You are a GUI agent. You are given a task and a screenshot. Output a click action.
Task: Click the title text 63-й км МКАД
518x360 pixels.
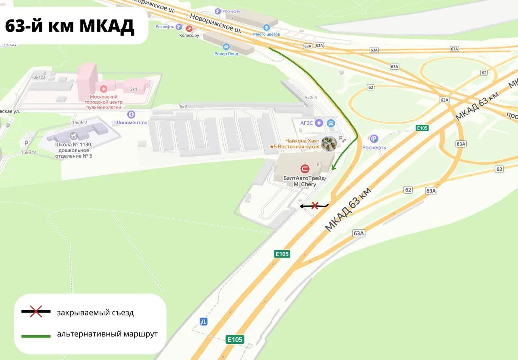[69, 26]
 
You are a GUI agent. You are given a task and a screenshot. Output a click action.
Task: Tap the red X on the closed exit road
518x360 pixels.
[314, 206]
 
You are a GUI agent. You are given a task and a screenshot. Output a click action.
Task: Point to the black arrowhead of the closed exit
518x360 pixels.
[301, 206]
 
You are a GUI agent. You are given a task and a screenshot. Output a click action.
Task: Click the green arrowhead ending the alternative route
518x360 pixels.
[333, 167]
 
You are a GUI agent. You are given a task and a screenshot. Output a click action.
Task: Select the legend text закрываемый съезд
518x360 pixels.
[95, 313]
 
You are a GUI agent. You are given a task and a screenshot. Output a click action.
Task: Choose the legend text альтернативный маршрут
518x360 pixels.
[107, 334]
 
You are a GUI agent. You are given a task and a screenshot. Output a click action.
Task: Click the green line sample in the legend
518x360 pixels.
[36, 336]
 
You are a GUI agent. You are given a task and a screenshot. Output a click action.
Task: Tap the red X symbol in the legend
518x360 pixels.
[36, 311]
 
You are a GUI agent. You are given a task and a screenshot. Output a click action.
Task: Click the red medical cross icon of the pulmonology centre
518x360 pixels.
[104, 89]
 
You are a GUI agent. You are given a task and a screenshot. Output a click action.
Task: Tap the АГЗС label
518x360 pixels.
[306, 123]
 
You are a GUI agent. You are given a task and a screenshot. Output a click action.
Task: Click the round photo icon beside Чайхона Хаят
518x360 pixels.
[329, 144]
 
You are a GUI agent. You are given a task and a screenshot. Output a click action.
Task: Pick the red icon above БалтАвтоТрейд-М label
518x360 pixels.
[304, 168]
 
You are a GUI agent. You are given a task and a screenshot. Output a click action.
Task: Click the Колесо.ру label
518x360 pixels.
[189, 36]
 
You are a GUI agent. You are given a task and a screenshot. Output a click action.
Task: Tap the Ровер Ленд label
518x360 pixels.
[226, 54]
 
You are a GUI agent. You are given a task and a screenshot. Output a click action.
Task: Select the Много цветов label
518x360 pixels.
[266, 34]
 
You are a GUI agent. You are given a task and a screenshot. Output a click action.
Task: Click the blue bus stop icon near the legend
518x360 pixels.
[204, 322]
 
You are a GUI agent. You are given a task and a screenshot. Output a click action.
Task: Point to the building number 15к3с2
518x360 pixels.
[80, 122]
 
